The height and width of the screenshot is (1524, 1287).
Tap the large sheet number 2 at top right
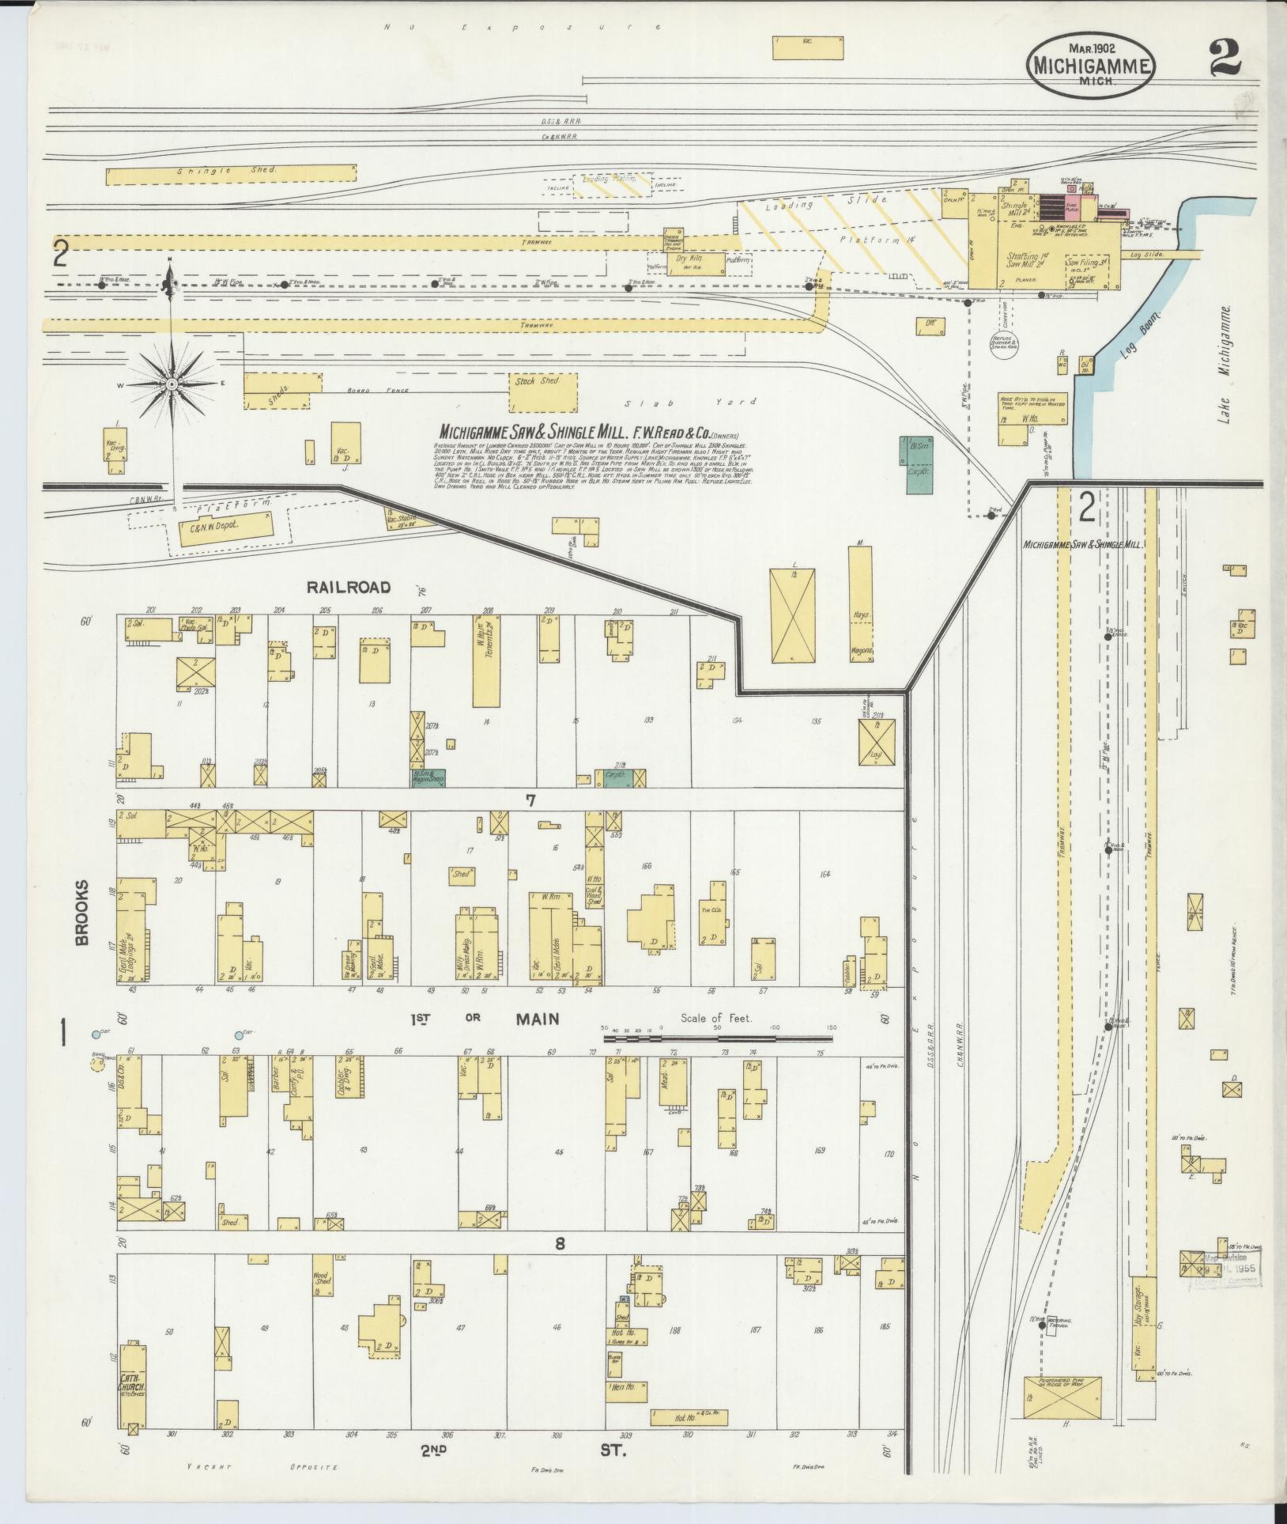tap(1225, 59)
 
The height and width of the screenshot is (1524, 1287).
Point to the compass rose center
tap(171, 384)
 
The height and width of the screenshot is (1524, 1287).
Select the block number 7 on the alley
tap(531, 801)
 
